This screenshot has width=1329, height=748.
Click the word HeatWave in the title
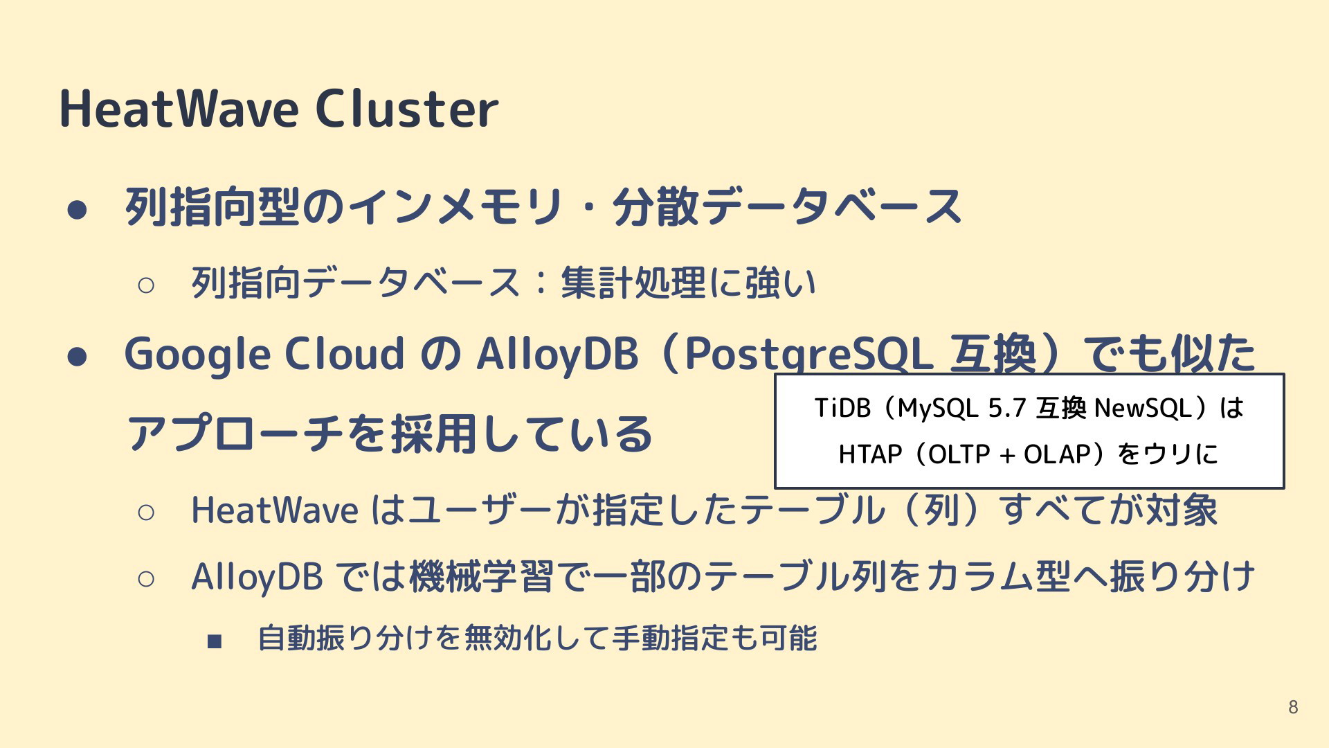(179, 109)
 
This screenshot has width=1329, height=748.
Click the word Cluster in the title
(407, 109)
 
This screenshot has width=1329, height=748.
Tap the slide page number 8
(1293, 706)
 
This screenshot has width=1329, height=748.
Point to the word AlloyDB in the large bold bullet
(557, 354)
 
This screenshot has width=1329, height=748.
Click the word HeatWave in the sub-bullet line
(275, 510)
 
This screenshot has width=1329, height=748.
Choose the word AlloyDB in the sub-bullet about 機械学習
(257, 577)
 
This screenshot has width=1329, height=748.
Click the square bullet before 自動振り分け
(215, 641)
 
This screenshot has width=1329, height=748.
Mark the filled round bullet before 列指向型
(77, 210)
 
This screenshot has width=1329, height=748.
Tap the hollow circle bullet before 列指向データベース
(146, 285)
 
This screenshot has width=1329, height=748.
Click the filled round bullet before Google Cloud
(77, 357)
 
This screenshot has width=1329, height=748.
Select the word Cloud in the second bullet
(345, 354)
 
